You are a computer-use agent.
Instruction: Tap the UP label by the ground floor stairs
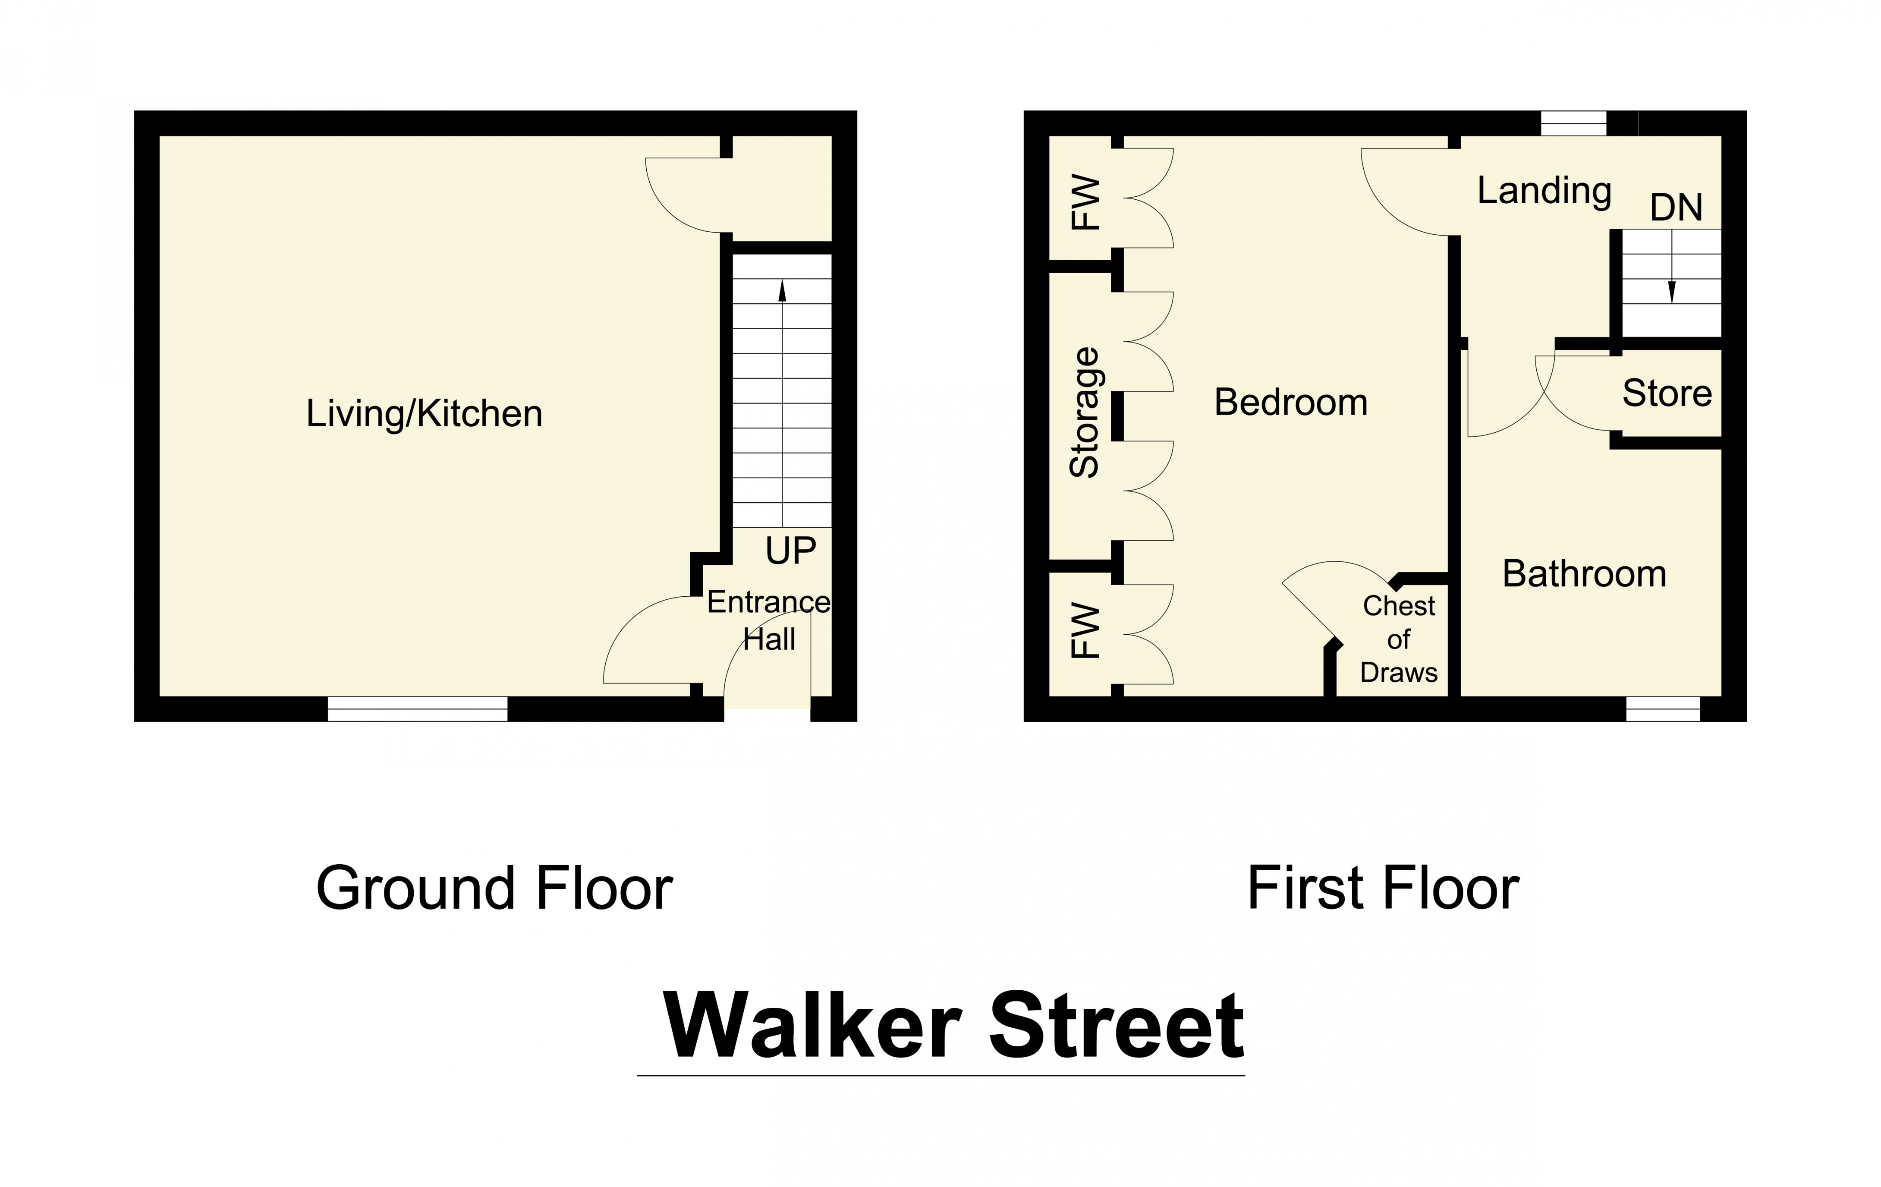790,551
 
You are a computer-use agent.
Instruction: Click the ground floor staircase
782,391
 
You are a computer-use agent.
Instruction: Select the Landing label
1544,191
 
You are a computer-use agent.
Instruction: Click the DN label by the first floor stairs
1676,208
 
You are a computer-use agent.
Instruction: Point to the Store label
1667,393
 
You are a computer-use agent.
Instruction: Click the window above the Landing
1573,123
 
